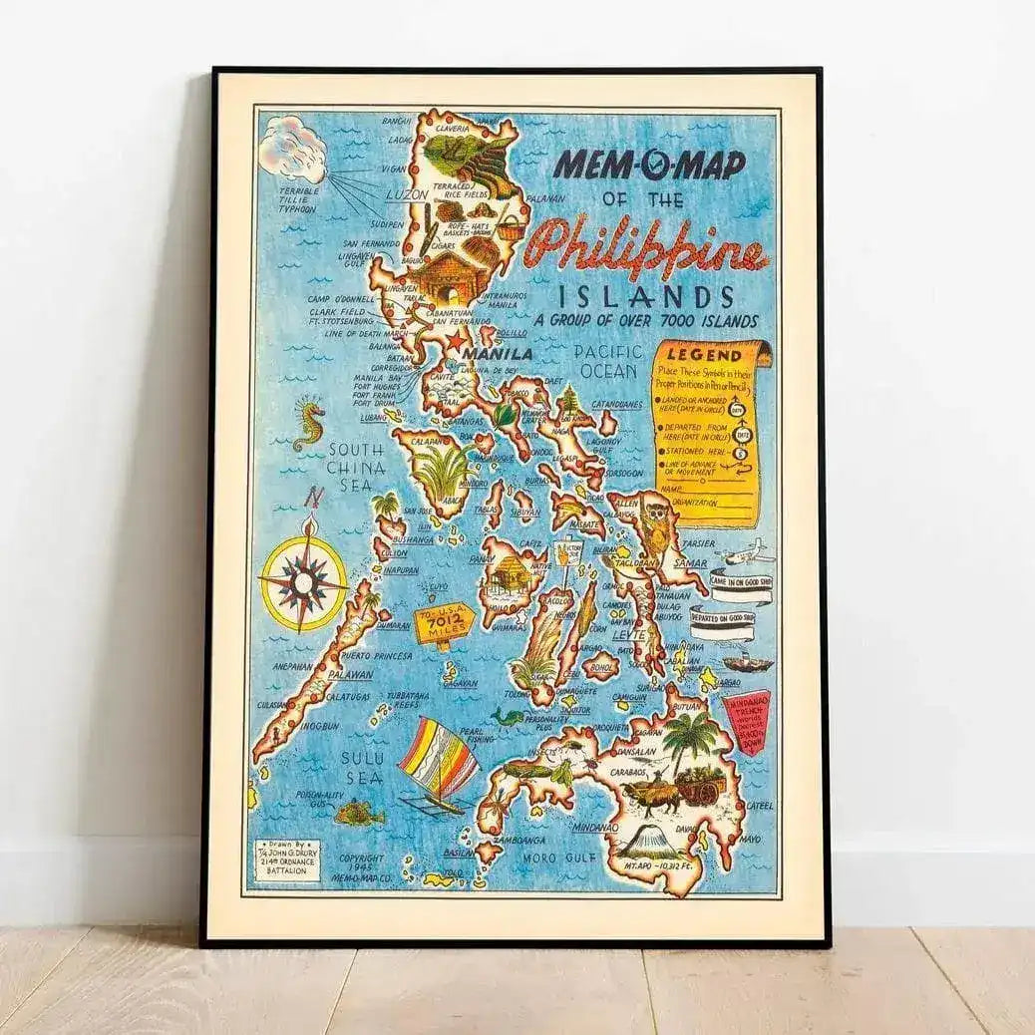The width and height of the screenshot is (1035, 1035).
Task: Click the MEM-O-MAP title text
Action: (x=649, y=164)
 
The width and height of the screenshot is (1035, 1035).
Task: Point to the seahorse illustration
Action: (x=309, y=426)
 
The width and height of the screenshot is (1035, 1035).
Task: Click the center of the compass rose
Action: (x=303, y=578)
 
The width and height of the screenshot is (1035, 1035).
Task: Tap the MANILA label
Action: (x=498, y=353)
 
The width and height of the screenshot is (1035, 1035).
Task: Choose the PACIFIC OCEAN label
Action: (x=605, y=361)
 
